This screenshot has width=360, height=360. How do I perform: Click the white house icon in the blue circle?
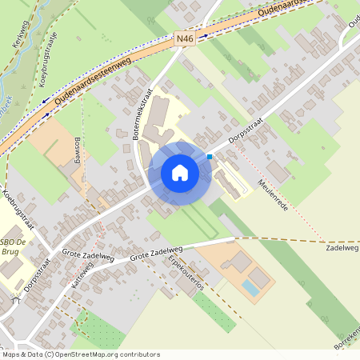[180, 173]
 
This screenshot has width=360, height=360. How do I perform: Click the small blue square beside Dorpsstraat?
[210, 157]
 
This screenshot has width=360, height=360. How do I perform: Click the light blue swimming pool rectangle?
[250, 286]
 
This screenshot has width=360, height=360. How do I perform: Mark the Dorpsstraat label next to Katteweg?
[38, 272]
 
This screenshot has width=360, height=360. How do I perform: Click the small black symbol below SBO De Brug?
[14, 301]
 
